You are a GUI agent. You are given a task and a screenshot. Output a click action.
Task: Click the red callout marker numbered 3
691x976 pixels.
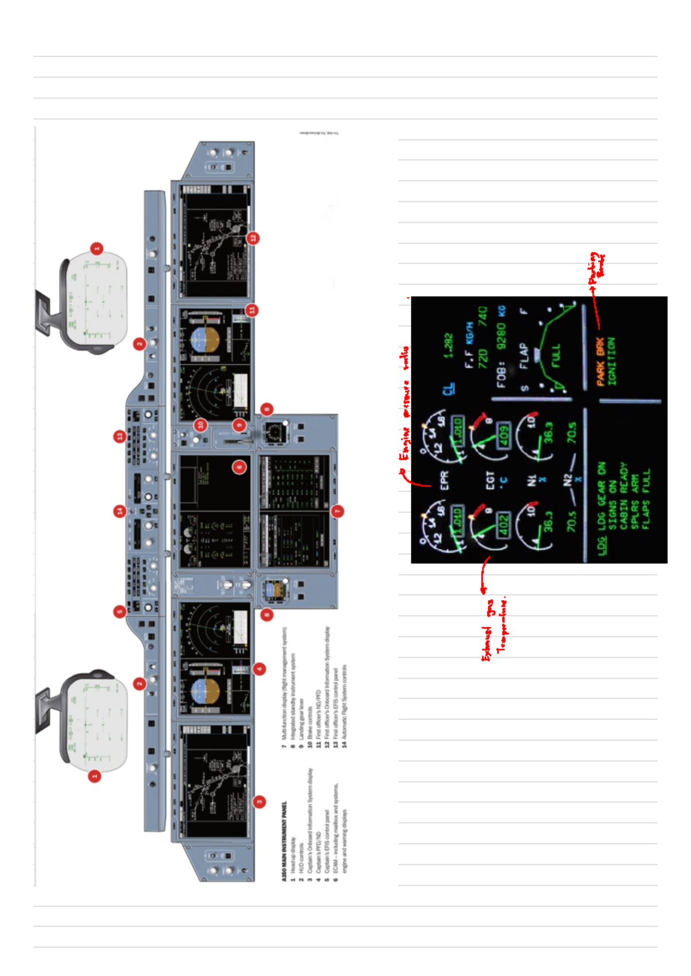pyautogui.click(x=260, y=801)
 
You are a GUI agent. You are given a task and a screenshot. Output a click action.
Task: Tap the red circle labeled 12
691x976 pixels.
pyautogui.click(x=253, y=238)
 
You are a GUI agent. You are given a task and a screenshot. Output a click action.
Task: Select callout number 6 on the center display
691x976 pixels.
pyautogui.click(x=240, y=467)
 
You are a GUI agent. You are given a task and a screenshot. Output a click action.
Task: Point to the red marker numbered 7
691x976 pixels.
pyautogui.click(x=338, y=510)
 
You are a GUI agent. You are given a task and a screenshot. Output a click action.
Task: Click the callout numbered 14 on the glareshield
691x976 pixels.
pyautogui.click(x=119, y=510)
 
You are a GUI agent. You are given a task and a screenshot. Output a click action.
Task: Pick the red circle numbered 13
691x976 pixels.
pyautogui.click(x=119, y=436)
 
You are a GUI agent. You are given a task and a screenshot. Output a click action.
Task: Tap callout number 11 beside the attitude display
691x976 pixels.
pyautogui.click(x=252, y=310)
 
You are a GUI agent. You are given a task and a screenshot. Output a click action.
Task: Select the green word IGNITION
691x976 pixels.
pyautogui.click(x=611, y=361)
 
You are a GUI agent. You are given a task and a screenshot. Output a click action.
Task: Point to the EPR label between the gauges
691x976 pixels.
pyautogui.click(x=444, y=480)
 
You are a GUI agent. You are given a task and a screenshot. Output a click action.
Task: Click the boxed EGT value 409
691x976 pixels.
pyautogui.click(x=503, y=436)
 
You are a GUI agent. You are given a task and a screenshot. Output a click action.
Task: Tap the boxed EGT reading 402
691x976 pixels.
pyautogui.click(x=503, y=525)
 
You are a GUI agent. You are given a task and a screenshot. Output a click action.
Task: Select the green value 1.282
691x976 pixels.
pyautogui.click(x=448, y=345)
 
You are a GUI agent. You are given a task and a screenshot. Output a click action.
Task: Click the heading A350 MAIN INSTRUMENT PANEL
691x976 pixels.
pyautogui.click(x=283, y=841)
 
